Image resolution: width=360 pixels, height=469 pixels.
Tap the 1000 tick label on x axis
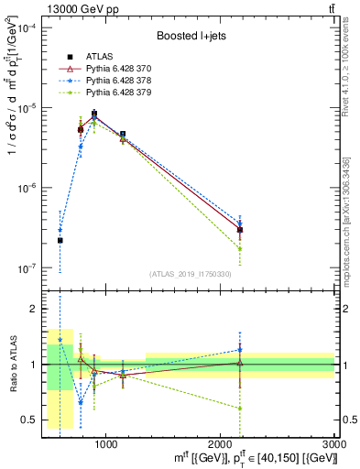point(105,443)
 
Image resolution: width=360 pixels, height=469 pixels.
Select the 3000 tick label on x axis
point(334,443)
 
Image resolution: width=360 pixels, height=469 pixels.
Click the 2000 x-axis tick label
point(220,443)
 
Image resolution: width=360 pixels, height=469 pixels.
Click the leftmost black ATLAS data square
point(60,241)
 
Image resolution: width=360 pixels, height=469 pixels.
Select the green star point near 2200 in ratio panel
point(239,409)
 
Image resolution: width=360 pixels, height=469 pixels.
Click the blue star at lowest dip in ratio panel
point(81,402)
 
